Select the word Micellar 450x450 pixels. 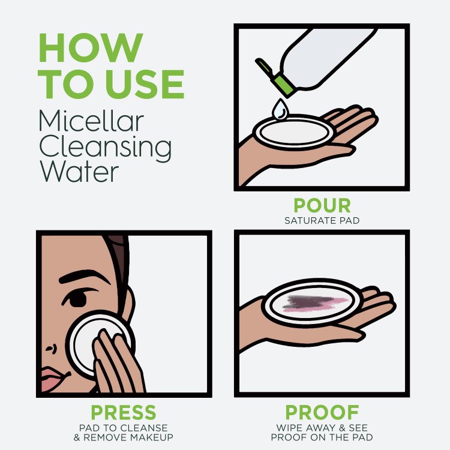tap(91, 121)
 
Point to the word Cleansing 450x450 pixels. tap(106, 147)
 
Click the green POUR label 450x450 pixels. tap(322, 206)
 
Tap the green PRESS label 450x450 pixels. tap(123, 413)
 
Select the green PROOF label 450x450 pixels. tap(322, 413)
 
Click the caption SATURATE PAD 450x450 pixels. tap(322, 221)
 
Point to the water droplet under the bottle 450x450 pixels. tap(279, 110)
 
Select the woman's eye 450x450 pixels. tap(77, 298)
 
